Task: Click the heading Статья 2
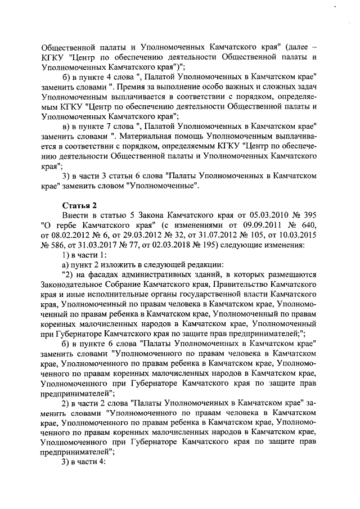click(79, 204)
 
